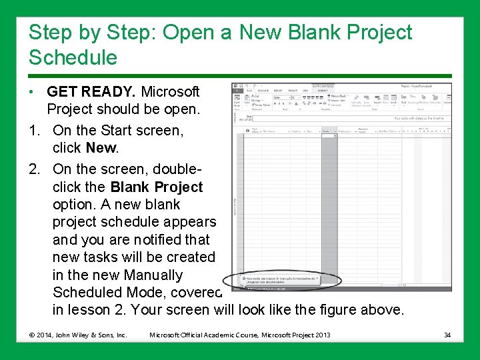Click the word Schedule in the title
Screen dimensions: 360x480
point(73,58)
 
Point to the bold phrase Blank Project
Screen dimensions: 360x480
point(157,187)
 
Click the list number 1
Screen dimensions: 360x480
point(34,130)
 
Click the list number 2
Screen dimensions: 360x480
point(34,169)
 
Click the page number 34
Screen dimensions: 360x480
point(447,335)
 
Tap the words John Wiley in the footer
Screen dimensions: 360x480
point(72,335)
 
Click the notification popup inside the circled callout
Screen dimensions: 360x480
point(283,279)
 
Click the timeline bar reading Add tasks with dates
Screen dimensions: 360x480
point(417,118)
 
